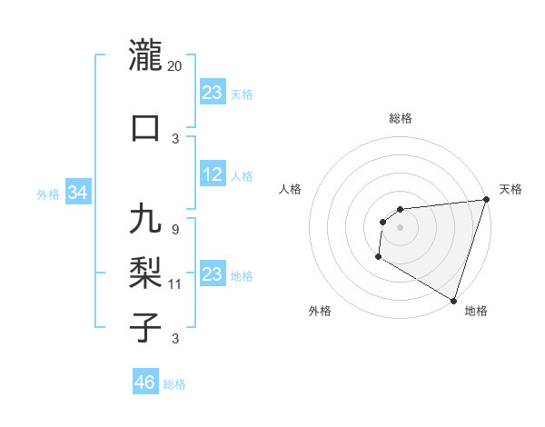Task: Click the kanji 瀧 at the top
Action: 145,56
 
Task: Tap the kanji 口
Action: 145,127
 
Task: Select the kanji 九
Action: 145,221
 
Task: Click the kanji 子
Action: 145,326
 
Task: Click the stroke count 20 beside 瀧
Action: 175,66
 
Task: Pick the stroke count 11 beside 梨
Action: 175,284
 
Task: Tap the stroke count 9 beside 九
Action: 174,229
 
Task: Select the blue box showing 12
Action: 212,175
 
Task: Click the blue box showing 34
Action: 77,193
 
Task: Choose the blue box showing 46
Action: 144,382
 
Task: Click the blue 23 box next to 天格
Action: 212,93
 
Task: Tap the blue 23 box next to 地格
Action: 212,274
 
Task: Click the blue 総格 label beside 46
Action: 174,384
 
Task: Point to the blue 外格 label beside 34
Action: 48,194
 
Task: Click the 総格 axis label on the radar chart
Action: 400,118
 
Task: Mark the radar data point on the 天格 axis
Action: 485,201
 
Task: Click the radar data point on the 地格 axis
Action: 453,300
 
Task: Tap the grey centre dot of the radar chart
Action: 400,227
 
